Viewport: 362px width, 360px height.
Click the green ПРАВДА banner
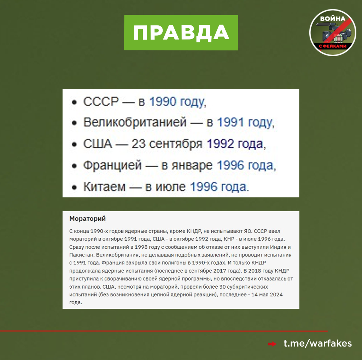click(x=181, y=33)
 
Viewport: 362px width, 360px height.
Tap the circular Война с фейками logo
click(x=333, y=33)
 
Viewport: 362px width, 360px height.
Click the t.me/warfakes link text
click(x=318, y=343)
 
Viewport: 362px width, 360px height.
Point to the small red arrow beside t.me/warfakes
click(x=272, y=344)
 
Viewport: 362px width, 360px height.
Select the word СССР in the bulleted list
click(x=101, y=101)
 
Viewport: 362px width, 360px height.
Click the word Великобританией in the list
click(x=135, y=122)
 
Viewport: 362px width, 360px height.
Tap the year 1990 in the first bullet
click(x=163, y=101)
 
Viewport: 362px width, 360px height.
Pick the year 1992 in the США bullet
click(x=221, y=144)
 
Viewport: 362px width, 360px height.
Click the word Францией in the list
click(x=112, y=165)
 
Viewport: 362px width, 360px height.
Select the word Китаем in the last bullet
click(x=104, y=187)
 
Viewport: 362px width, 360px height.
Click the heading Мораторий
click(x=88, y=219)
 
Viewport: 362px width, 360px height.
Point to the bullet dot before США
click(x=74, y=144)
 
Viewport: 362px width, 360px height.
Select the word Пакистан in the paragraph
click(x=82, y=255)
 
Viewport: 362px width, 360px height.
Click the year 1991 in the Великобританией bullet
click(x=230, y=122)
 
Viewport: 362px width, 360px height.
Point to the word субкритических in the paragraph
click(x=247, y=287)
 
